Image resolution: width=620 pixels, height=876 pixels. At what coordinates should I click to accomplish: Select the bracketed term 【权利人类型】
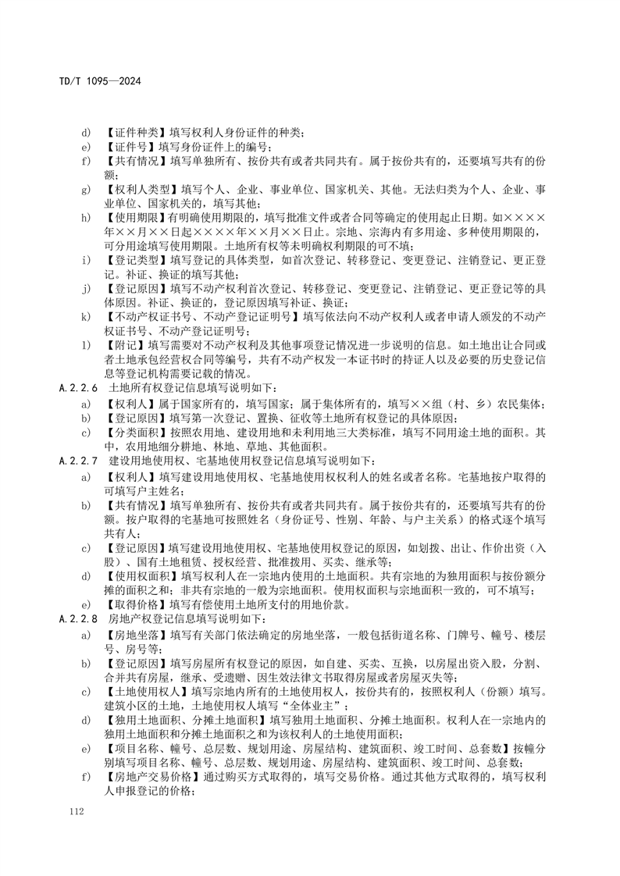coord(134,190)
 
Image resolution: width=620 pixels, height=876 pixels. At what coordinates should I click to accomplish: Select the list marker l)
coord(87,345)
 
